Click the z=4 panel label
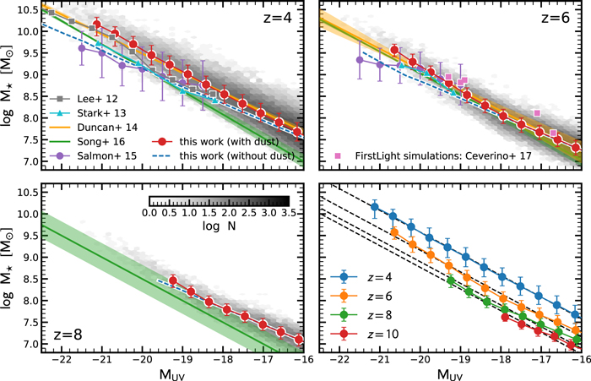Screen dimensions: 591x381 pyautogui.click(x=278, y=18)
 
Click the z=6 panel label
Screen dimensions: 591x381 pyautogui.click(x=556, y=18)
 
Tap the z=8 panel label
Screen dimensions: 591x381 pyautogui.click(x=68, y=335)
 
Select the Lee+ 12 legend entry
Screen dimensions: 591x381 pyautogui.click(x=84, y=99)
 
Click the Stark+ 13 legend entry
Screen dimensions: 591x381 pyautogui.click(x=88, y=113)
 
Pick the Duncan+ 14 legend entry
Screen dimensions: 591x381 pyautogui.click(x=94, y=128)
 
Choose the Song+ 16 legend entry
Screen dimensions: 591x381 pyautogui.click(x=88, y=142)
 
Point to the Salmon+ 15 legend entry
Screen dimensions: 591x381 pyautogui.click(x=93, y=155)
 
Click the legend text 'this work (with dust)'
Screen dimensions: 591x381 pyautogui.click(x=229, y=142)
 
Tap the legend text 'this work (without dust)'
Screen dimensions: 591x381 pyautogui.click(x=237, y=155)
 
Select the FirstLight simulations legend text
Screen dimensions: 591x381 pyautogui.click(x=443, y=155)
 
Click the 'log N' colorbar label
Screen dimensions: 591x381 pyautogui.click(x=219, y=226)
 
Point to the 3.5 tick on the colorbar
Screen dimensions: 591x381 pyautogui.click(x=289, y=213)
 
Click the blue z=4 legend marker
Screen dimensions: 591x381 pyautogui.click(x=344, y=277)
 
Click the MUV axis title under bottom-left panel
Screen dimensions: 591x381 pyautogui.click(x=172, y=375)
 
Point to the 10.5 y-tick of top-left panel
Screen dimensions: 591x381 pyautogui.click(x=28, y=10)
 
